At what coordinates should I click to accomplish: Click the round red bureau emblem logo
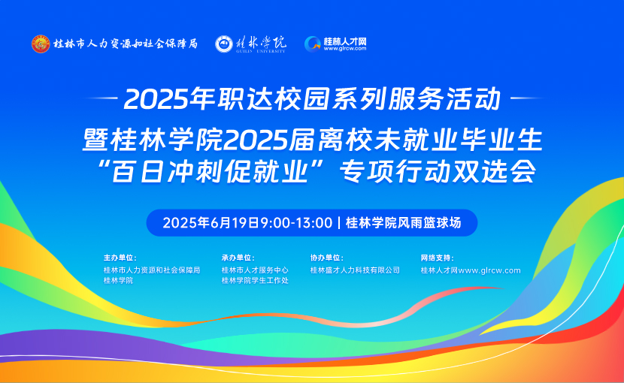click(x=41, y=44)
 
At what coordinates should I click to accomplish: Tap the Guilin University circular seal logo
click(x=223, y=44)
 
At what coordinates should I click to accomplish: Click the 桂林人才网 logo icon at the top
click(x=313, y=44)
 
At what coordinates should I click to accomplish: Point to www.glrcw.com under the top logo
click(x=344, y=49)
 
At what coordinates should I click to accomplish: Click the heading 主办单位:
click(x=120, y=258)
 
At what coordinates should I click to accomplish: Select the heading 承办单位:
click(x=238, y=258)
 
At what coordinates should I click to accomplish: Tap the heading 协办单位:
click(x=327, y=258)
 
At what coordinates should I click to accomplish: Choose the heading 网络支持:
click(x=438, y=258)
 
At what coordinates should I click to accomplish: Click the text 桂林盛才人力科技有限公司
click(x=355, y=270)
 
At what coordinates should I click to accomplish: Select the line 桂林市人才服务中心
click(x=255, y=270)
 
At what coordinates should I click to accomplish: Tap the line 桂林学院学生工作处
click(x=255, y=280)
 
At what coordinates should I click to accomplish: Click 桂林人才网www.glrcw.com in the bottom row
click(x=471, y=270)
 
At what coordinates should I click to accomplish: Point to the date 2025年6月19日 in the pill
click(x=211, y=223)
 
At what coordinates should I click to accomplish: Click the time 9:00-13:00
click(x=296, y=223)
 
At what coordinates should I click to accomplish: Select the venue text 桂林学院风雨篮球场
click(x=404, y=223)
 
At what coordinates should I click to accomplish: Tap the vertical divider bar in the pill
click(x=339, y=223)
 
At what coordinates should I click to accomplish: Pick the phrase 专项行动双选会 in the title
click(x=438, y=171)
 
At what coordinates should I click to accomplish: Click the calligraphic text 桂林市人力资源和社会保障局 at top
click(x=126, y=44)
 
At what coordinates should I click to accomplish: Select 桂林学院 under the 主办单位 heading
click(x=118, y=280)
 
